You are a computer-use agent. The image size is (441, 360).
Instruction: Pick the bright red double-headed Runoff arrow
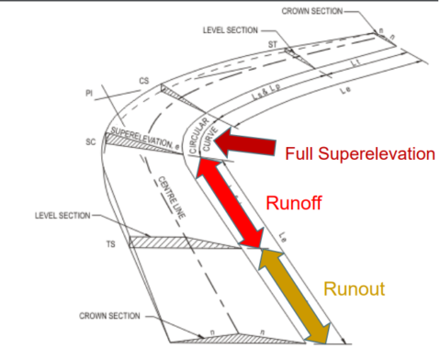[x=229, y=204]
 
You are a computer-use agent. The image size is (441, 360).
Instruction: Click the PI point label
[x=87, y=94]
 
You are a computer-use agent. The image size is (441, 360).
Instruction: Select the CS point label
[x=143, y=81]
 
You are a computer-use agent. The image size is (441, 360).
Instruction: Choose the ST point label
[x=273, y=43]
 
